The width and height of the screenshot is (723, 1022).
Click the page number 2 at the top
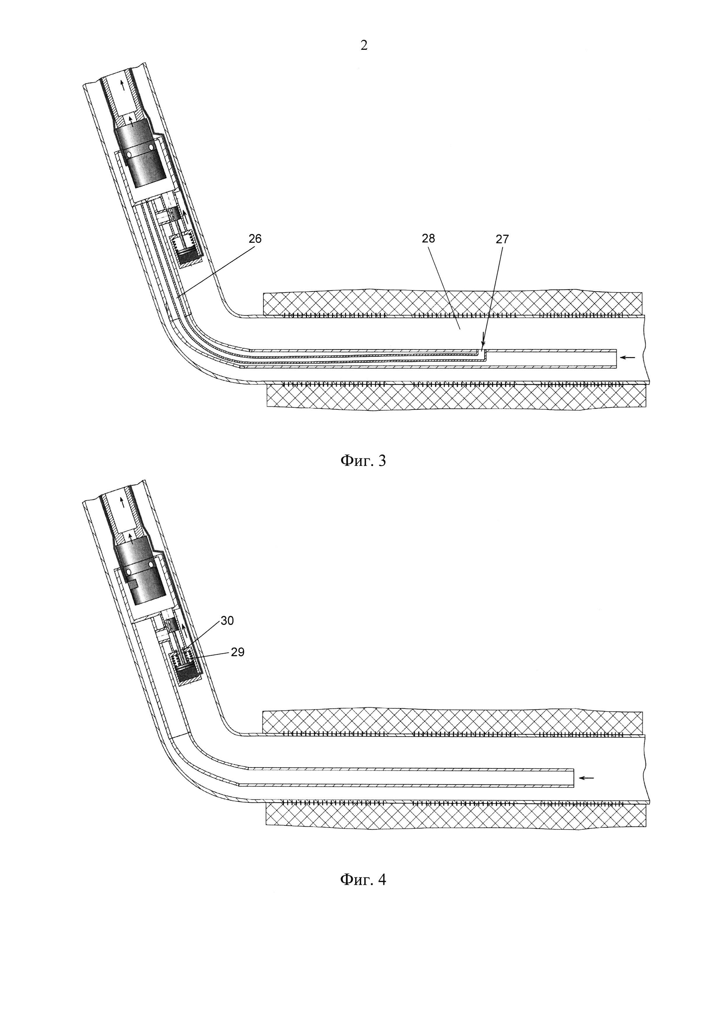coord(364,45)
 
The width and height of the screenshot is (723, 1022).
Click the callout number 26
coord(255,239)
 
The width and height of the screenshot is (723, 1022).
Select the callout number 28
coord(428,239)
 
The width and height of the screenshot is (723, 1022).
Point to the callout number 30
coord(227,620)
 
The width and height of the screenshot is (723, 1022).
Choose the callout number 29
coord(238,652)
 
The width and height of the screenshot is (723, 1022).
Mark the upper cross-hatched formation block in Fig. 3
coord(452,302)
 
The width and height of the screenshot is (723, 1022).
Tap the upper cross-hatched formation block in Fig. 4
coord(452,721)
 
